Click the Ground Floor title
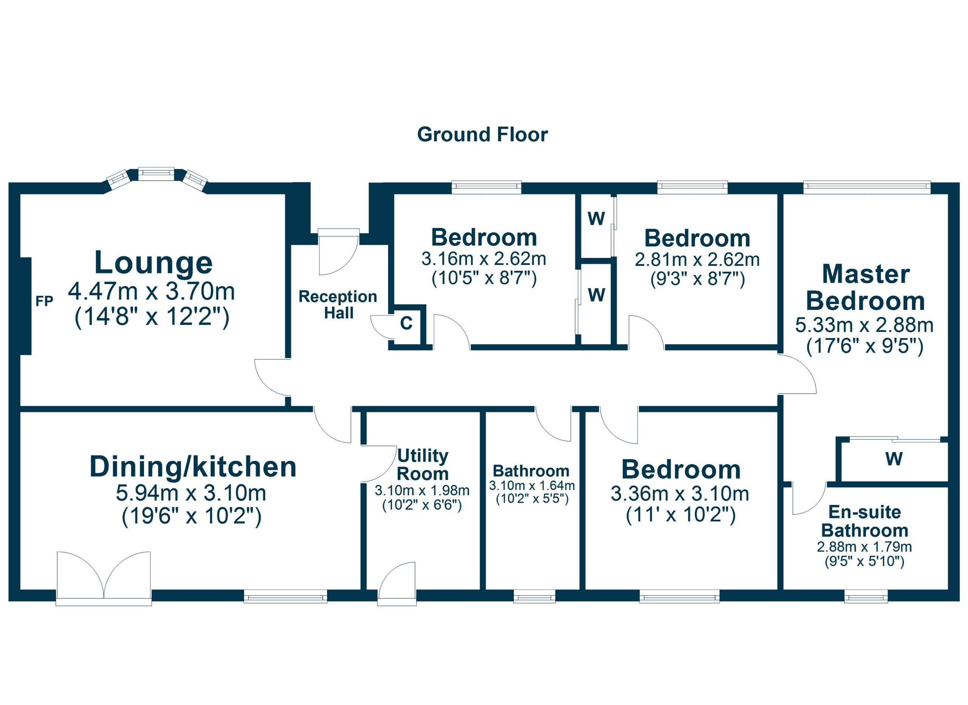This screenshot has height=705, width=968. (x=482, y=134)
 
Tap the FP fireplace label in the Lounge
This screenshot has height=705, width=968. (x=44, y=301)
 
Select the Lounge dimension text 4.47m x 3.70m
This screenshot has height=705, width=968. (x=152, y=292)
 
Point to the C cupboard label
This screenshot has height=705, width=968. (x=406, y=323)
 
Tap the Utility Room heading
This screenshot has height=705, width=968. (x=422, y=465)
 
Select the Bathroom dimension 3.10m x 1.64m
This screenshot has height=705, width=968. (x=532, y=486)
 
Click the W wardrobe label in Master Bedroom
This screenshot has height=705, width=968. (x=894, y=459)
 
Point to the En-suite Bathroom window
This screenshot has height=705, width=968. (x=866, y=596)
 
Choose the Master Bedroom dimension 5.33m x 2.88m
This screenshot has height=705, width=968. (x=864, y=326)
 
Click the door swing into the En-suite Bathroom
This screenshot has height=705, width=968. (x=808, y=499)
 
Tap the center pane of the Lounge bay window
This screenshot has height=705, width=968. (x=156, y=173)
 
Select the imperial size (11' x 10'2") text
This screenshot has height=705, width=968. (x=681, y=515)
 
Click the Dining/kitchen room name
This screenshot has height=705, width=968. (x=193, y=466)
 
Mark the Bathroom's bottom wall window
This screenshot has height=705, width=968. (x=534, y=596)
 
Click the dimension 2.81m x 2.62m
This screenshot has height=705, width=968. (x=697, y=260)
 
